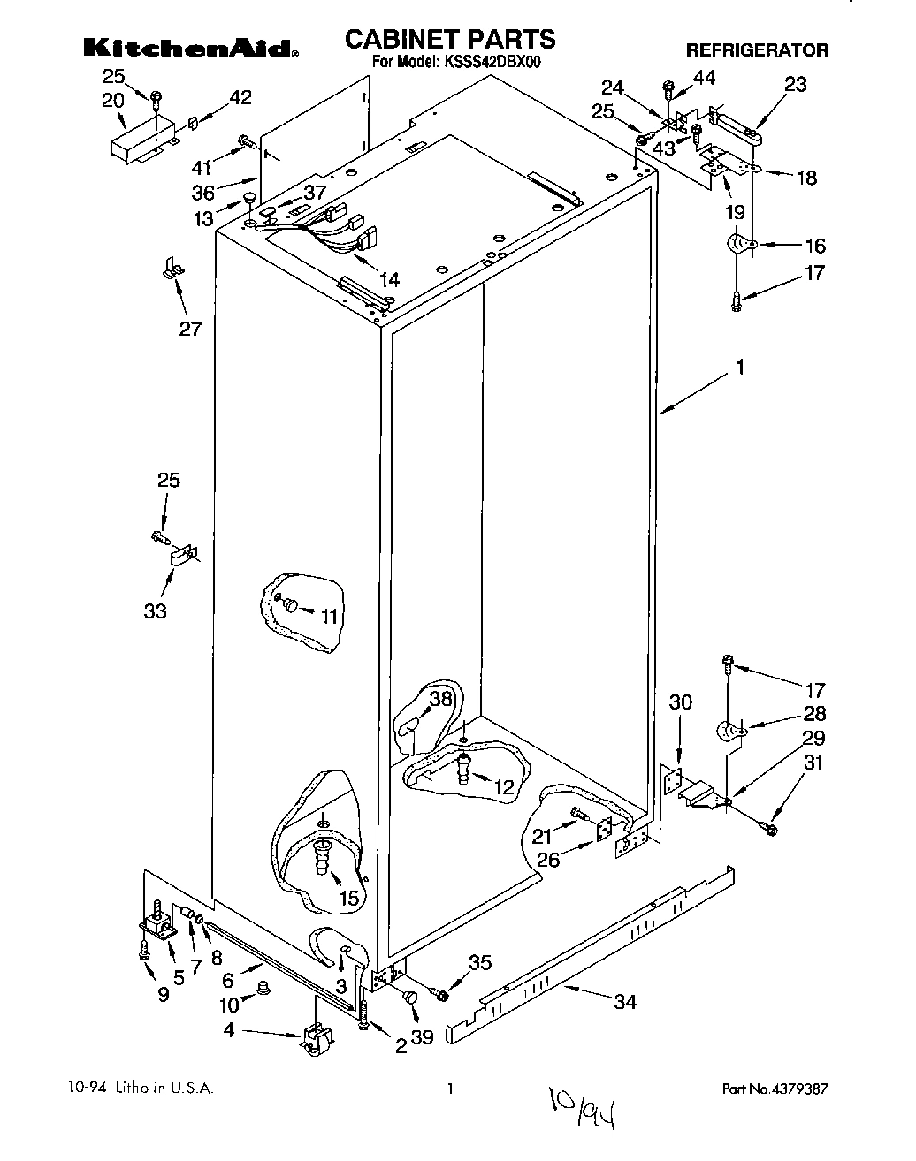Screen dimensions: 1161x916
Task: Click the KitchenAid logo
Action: point(190,47)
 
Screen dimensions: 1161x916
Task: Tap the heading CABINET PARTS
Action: point(449,38)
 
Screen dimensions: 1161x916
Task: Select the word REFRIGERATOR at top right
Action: point(757,50)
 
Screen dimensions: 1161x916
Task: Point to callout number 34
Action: point(625,1001)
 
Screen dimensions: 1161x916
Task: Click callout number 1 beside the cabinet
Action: point(740,367)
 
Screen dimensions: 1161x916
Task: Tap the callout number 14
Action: point(388,280)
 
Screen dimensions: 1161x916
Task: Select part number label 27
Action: point(190,329)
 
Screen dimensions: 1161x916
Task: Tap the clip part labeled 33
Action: point(182,558)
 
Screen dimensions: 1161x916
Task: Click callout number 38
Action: point(440,699)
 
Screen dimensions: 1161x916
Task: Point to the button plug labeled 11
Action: point(290,604)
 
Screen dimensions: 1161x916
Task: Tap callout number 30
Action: point(680,702)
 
